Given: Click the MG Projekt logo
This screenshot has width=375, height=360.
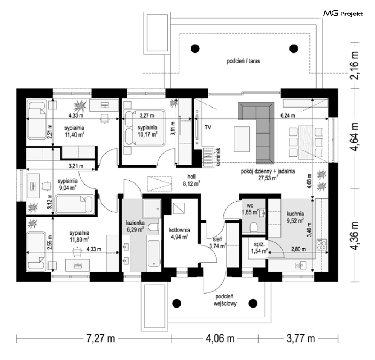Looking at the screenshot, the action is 343,14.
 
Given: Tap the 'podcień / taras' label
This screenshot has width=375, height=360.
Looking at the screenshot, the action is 243,61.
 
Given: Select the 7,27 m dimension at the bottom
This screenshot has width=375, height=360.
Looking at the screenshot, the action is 101,339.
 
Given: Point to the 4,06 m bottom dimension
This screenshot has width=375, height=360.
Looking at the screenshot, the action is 220,339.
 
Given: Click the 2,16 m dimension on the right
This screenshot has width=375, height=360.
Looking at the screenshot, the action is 354,65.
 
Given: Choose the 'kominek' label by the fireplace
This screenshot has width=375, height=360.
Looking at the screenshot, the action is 217,157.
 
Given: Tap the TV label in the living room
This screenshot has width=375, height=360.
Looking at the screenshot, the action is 208,128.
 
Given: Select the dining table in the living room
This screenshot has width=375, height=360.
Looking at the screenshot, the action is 306,142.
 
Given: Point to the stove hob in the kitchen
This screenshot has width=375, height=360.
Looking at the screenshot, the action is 321,245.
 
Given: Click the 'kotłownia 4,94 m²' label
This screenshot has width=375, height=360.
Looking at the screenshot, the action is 179,234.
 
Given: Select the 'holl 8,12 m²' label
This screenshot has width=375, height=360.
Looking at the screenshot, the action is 191,180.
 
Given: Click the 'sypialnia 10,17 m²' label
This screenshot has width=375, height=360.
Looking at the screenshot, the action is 147,131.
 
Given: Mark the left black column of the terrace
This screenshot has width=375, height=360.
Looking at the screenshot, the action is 195,49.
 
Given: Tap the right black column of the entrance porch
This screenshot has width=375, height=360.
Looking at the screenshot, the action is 253,303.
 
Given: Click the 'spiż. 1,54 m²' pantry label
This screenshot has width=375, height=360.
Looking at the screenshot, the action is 259,248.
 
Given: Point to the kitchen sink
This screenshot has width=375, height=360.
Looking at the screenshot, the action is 300,265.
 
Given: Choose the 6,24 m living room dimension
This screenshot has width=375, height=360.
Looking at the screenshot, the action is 288,115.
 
